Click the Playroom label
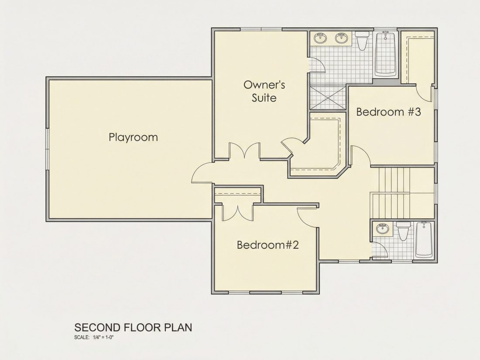(x=133, y=137)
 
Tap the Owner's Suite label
(x=264, y=91)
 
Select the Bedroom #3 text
(x=388, y=112)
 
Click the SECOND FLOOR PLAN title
(x=133, y=327)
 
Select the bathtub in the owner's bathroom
(x=385, y=54)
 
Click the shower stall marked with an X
(x=328, y=98)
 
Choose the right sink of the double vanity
(x=342, y=38)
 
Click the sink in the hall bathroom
(x=382, y=228)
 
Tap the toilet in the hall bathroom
(x=403, y=231)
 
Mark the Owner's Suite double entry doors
(x=245, y=151)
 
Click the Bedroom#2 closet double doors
(x=237, y=213)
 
